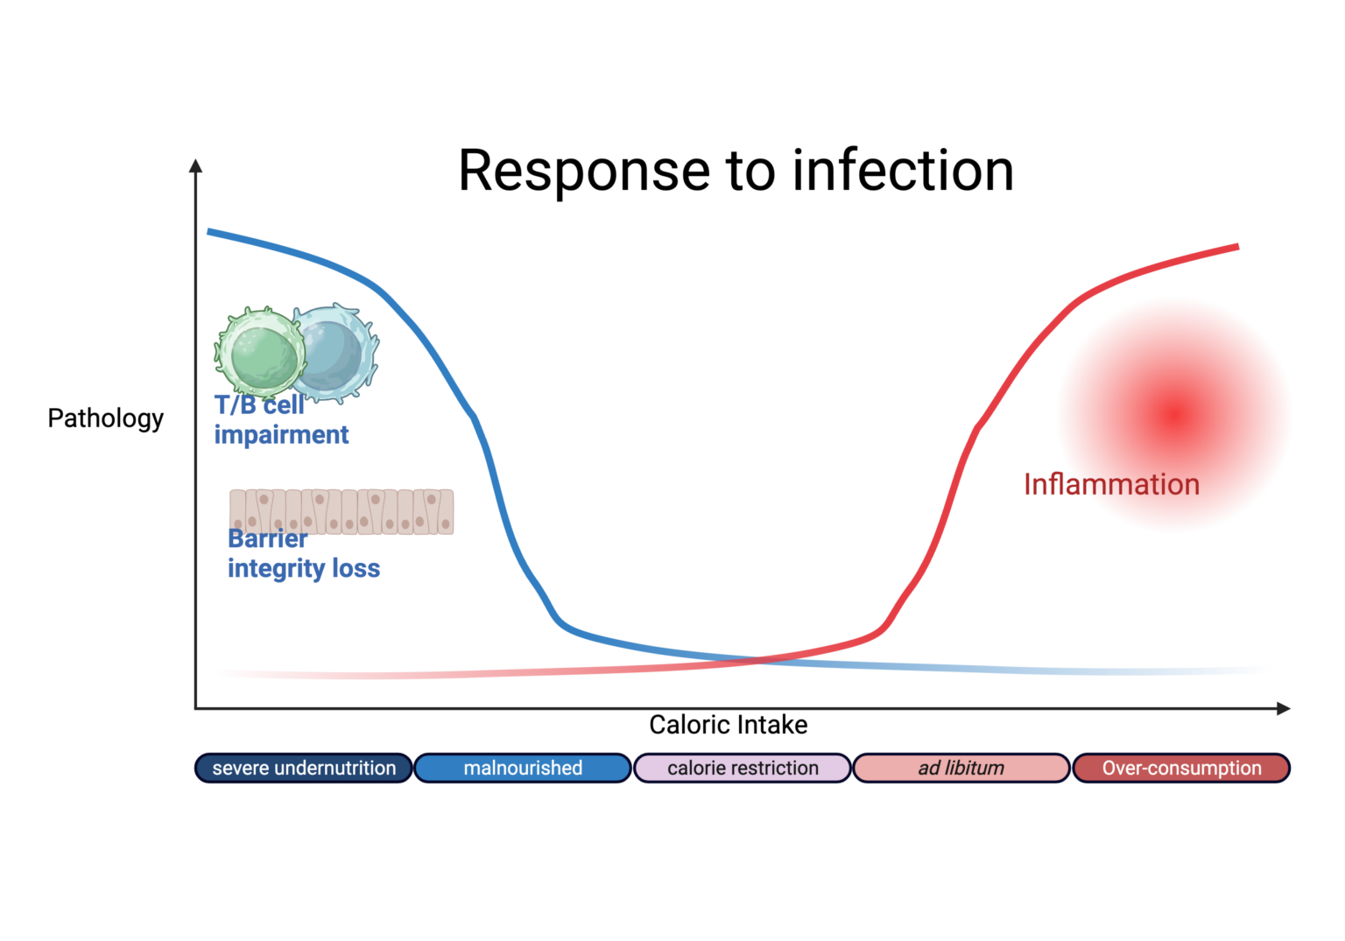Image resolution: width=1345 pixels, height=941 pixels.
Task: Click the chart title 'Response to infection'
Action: [x=736, y=170]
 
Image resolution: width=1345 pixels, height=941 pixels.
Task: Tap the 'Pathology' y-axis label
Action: [x=105, y=418]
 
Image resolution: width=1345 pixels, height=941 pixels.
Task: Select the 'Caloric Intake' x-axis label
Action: [x=728, y=725]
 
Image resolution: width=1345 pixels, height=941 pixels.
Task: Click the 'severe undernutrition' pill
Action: [x=303, y=768]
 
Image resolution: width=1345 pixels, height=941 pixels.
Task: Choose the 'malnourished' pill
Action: [x=523, y=768]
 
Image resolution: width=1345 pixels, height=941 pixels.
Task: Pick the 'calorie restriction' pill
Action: [x=743, y=768]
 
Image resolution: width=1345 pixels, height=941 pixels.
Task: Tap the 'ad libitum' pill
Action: [x=961, y=768]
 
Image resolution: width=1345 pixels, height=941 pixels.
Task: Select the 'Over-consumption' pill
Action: [x=1181, y=768]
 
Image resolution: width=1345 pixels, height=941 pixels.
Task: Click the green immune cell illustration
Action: [x=261, y=353]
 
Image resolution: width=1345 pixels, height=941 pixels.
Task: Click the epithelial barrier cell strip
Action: [x=342, y=511]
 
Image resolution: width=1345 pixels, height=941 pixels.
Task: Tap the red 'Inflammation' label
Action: [x=1111, y=484]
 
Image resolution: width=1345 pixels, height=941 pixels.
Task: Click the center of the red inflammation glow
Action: [x=1174, y=415]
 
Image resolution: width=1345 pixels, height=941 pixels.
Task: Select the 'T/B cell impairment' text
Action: [x=280, y=420]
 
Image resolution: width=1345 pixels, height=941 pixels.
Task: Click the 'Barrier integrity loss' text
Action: [x=303, y=554]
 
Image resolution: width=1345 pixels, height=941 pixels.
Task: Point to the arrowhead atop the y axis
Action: [x=196, y=165]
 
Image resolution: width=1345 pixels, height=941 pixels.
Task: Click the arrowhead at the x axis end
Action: [x=1284, y=708]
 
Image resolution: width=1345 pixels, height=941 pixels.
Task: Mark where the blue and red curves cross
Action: [x=758, y=659]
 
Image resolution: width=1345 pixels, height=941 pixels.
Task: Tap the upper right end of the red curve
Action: [x=1236, y=248]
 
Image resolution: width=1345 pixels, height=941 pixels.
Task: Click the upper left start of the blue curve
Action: [x=210, y=232]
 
